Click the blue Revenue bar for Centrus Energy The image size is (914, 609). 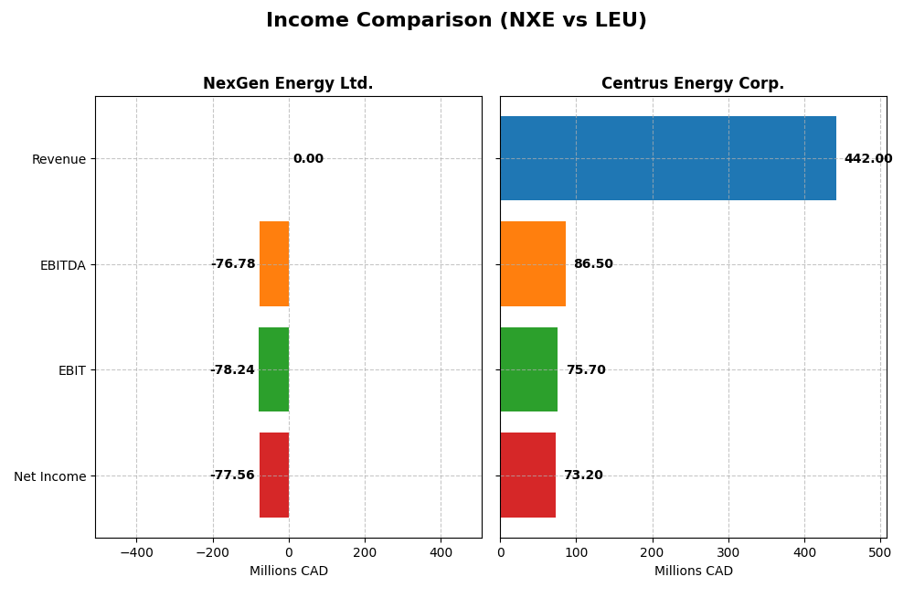667,158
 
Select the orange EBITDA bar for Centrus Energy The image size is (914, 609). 533,264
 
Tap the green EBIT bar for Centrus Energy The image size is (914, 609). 528,369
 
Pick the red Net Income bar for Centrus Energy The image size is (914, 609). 527,475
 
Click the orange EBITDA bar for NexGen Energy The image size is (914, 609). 274,264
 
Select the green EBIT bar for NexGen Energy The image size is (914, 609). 273,369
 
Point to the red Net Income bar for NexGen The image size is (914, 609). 274,475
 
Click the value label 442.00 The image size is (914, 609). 867,159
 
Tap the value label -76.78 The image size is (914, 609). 233,264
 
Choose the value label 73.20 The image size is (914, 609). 583,475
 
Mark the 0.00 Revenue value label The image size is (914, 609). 308,159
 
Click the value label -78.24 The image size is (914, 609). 232,370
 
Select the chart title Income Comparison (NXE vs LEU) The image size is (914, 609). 456,21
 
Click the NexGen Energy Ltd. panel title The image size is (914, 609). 288,84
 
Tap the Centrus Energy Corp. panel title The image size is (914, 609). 693,84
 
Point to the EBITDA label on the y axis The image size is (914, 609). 62,265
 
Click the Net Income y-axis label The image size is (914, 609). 49,476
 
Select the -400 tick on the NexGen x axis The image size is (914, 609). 136,552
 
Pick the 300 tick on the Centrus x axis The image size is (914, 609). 728,552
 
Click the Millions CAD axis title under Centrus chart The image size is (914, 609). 693,572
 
